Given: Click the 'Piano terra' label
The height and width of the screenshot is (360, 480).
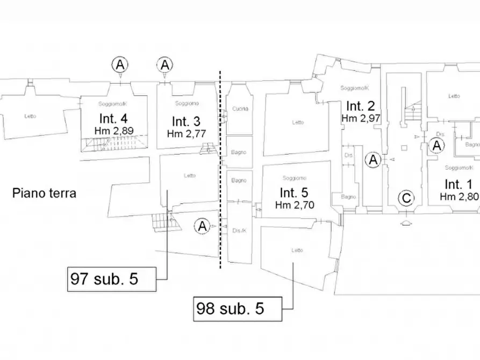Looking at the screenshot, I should (45, 193).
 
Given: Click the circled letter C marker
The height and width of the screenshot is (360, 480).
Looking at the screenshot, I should (406, 199).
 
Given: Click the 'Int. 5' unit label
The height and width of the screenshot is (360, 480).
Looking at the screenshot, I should (294, 192).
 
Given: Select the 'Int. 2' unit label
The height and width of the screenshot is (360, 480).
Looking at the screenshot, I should (361, 105).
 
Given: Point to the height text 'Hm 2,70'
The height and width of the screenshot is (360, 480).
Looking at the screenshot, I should (294, 205).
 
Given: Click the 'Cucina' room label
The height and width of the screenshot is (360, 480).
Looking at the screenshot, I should (240, 109).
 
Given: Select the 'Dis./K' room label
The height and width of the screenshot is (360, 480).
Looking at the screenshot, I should (240, 231).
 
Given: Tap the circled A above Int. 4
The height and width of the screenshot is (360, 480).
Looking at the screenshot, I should (120, 65).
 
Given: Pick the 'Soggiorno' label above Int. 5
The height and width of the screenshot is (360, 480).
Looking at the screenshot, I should (293, 178).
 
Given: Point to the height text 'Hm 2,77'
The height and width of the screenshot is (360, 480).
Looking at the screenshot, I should (187, 133).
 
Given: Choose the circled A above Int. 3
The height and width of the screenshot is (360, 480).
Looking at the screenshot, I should (164, 65).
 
